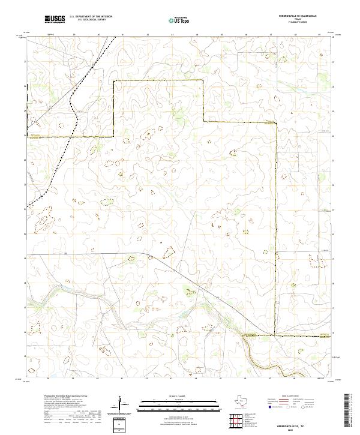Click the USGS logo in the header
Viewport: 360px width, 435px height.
pos(55,19)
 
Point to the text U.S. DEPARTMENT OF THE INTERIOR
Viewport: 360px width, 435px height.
pos(90,17)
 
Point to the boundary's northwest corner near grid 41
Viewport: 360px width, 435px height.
pos(115,80)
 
